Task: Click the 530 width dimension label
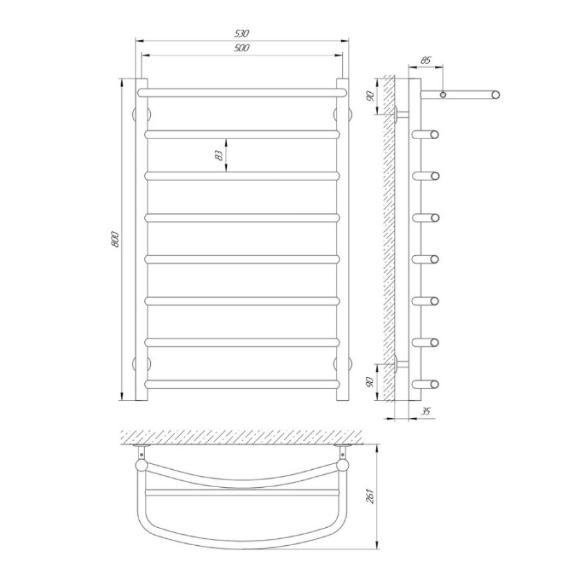coord(242,34)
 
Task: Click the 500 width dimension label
coord(242,48)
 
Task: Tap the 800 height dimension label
coord(115,239)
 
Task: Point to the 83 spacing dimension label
coord(219,155)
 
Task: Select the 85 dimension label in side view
coord(426,60)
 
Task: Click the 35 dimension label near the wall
coord(426,411)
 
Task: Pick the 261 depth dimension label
coord(371,496)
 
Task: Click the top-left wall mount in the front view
coord(141,114)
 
